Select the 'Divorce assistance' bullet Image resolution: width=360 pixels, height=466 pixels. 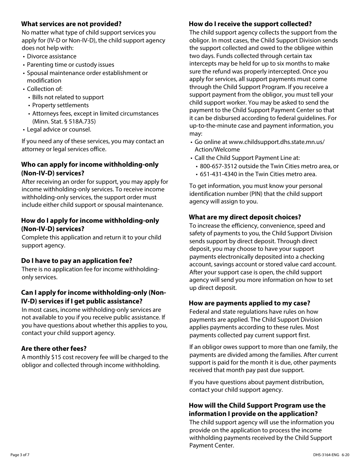click(x=52, y=56)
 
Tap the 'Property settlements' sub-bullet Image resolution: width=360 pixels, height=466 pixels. click(x=60, y=105)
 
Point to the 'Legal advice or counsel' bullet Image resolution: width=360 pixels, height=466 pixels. click(x=59, y=130)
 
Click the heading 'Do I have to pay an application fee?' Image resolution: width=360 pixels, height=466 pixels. click(x=77, y=261)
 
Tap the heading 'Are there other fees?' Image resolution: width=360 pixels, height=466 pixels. click(x=54, y=349)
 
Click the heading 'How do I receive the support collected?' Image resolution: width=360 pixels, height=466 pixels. click(x=250, y=24)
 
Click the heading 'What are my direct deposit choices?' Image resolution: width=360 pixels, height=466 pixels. click(x=245, y=217)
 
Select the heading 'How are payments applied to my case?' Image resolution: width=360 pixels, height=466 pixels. click(x=249, y=303)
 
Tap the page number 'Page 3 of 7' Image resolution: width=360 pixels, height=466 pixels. click(x=20, y=455)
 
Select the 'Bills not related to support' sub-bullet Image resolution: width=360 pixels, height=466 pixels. click(x=68, y=97)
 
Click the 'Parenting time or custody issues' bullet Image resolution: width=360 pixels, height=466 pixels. click(x=70, y=65)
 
